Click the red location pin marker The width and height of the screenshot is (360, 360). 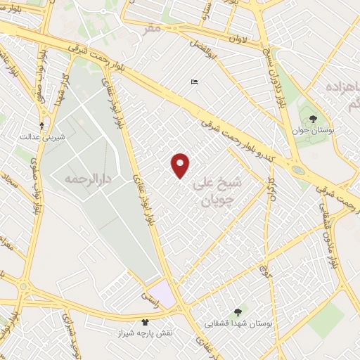(181, 165)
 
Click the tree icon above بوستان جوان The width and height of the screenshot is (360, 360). (312, 119)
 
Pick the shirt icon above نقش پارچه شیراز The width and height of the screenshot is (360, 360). (144, 321)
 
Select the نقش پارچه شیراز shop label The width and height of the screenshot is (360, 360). (144, 333)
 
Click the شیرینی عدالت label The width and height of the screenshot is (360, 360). (42, 136)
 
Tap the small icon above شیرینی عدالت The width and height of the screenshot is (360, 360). (42, 125)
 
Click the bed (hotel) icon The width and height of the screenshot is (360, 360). (194, 82)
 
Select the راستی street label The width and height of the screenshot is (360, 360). (150, 296)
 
